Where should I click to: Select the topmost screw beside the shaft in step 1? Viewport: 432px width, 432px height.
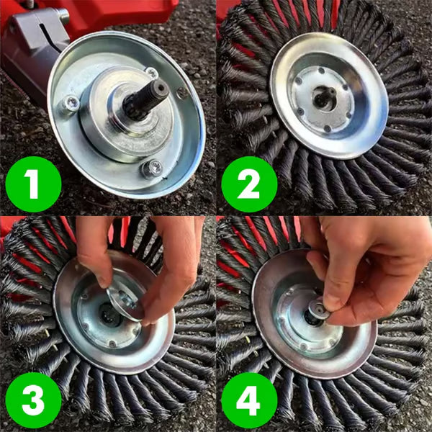click(x=151, y=72)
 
